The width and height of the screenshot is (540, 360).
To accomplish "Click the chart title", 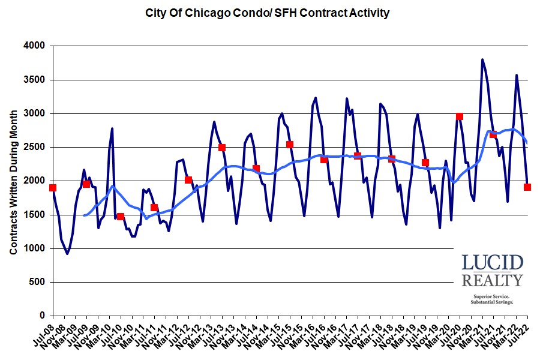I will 268,13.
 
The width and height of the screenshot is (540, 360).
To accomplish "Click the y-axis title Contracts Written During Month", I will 13,180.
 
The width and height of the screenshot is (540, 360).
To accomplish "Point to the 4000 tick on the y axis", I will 35,46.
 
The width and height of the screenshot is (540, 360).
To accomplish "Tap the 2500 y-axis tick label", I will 35,147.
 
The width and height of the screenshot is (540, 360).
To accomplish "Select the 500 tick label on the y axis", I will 38,282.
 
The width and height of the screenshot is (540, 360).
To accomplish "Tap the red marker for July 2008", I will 53,188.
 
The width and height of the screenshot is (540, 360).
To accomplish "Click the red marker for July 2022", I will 527,187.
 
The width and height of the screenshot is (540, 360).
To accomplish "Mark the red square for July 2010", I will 121,217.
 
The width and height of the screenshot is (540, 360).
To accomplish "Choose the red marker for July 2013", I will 222,148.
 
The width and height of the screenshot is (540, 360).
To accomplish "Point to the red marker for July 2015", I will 290,145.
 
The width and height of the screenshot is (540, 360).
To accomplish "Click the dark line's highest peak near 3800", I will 482,59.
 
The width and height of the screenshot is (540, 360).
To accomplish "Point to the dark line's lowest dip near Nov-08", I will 67,253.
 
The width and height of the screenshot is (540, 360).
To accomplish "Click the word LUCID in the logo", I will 492,263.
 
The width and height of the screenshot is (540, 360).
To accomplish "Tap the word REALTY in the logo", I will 492,280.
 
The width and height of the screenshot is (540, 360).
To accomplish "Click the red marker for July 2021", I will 493,134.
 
